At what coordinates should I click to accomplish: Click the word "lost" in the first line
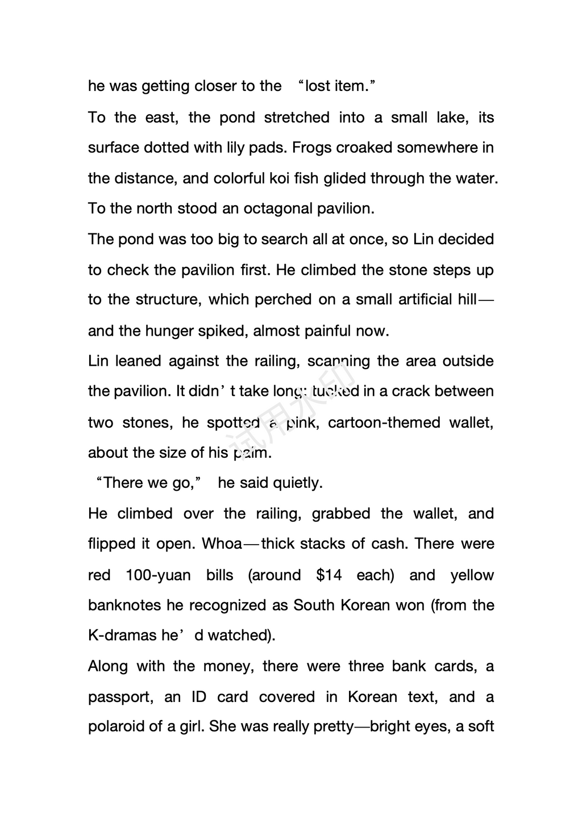(318, 86)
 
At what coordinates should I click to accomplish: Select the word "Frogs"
(311, 148)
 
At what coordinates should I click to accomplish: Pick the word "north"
(155, 208)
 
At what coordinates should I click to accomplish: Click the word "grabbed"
(341, 513)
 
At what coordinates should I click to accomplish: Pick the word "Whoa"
(222, 544)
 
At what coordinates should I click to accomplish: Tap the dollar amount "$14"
(329, 575)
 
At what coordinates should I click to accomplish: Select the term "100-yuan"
(158, 575)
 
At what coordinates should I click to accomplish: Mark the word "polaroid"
(117, 727)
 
